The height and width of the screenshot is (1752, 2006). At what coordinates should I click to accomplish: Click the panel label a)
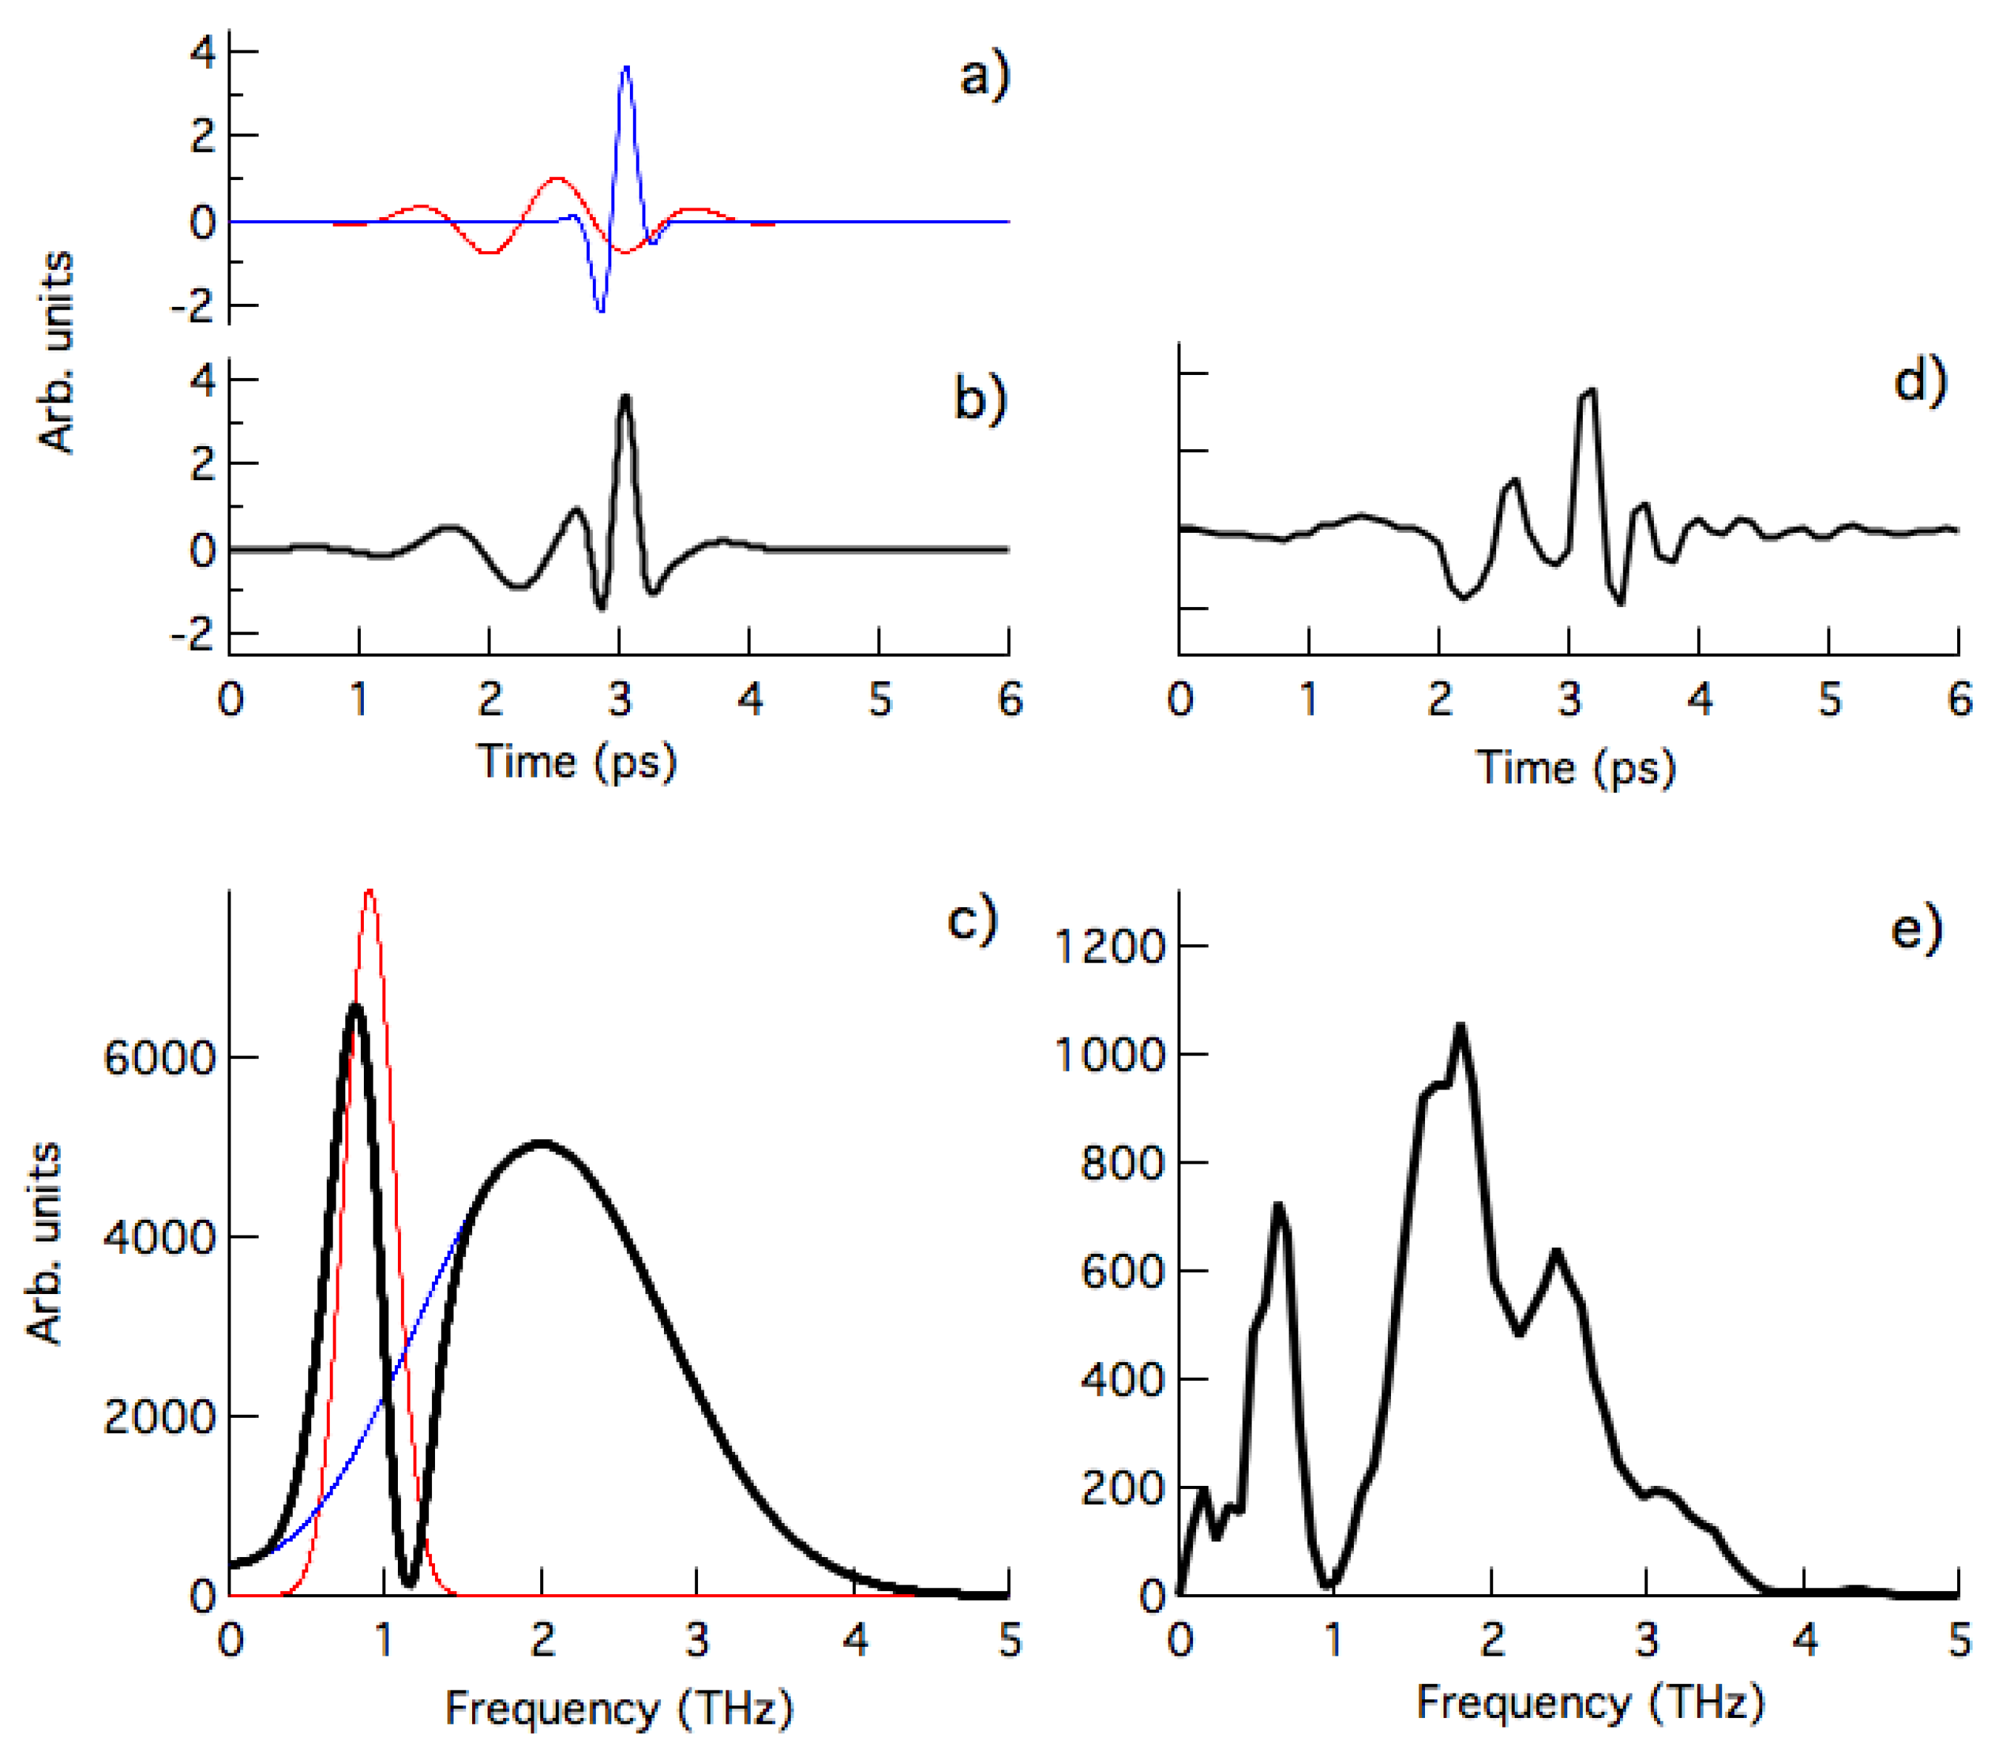coord(983,76)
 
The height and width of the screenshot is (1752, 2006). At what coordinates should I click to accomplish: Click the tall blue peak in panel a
coord(625,68)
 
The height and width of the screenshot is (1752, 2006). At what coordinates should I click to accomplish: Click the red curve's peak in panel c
coord(370,892)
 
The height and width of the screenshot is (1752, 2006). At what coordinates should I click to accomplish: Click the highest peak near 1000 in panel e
coord(1461,1026)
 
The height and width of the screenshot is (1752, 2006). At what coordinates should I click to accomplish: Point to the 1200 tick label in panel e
coord(1111,946)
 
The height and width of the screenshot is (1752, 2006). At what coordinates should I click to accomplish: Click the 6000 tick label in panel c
coord(159,1058)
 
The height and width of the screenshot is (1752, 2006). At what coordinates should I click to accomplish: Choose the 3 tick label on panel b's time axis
coord(619,700)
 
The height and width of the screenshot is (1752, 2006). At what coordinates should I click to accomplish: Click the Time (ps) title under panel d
coord(1575,768)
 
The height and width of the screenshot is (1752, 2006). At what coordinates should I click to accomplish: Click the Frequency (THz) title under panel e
coord(1590,1702)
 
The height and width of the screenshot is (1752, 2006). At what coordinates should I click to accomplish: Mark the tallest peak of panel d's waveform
coord(1589,391)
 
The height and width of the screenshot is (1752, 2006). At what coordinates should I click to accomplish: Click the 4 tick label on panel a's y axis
coord(203,52)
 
